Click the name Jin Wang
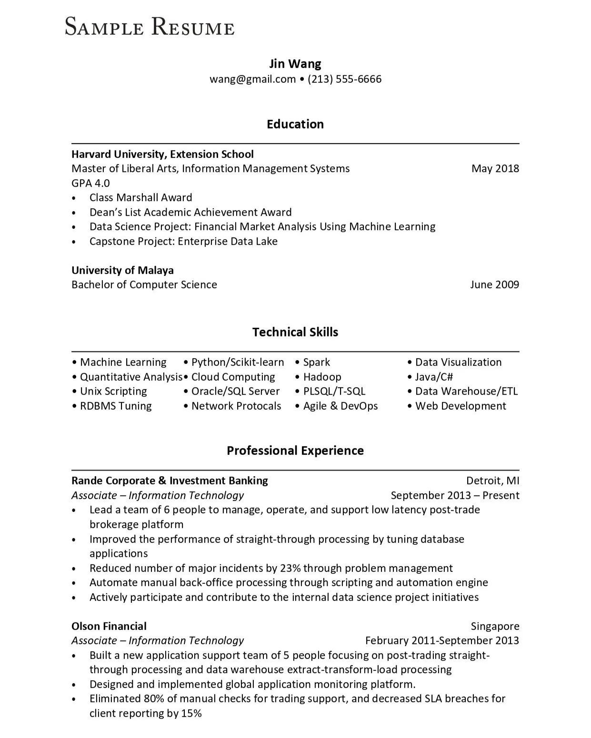click(295, 64)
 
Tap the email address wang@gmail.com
click(252, 79)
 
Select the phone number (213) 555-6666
click(344, 79)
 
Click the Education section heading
click(295, 124)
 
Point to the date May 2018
click(495, 168)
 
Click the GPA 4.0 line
click(90, 183)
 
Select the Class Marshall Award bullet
click(140, 197)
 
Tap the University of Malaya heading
click(122, 270)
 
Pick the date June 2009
click(494, 285)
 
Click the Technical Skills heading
click(295, 332)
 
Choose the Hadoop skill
click(322, 377)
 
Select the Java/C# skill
click(434, 377)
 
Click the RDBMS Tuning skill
click(116, 406)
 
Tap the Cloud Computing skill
click(233, 377)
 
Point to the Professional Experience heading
click(295, 451)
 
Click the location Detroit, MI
click(492, 481)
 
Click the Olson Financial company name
click(109, 626)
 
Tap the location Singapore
click(495, 626)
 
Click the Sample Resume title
click(150, 27)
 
